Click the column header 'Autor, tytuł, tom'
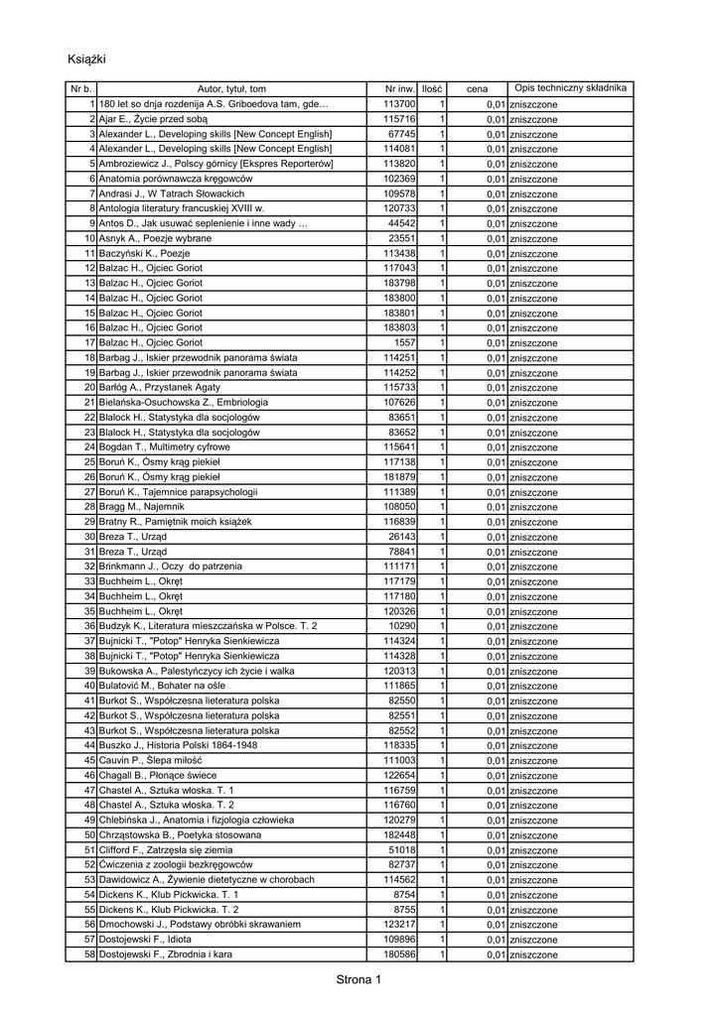[x=231, y=89]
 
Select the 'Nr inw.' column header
[x=398, y=89]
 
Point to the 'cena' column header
[x=477, y=89]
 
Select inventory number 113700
[x=399, y=104]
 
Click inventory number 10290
[x=402, y=626]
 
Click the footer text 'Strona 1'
[x=359, y=981]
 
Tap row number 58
[x=88, y=954]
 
